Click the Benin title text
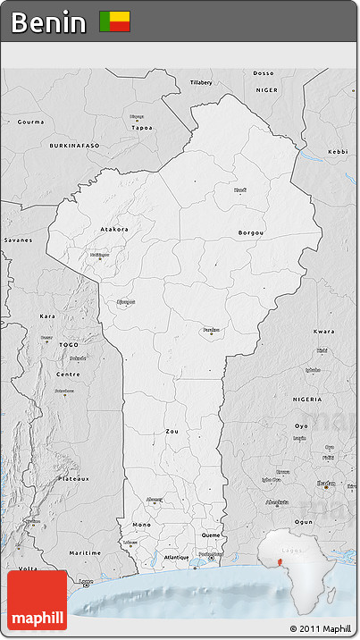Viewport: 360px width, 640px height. tap(49, 22)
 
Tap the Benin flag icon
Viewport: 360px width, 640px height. tap(114, 21)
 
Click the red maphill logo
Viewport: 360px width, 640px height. tap(37, 602)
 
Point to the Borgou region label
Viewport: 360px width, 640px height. tap(251, 232)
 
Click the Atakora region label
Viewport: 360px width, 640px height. tap(114, 229)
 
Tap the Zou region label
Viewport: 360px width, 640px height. tap(172, 431)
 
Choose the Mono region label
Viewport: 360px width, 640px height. tap(141, 524)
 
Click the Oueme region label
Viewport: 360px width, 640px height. tap(211, 535)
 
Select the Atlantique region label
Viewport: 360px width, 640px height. tap(176, 557)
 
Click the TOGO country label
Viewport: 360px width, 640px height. tap(69, 344)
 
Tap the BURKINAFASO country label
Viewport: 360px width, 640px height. tap(74, 144)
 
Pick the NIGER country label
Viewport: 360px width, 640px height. tap(267, 90)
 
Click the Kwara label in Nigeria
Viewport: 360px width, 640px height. tap(324, 331)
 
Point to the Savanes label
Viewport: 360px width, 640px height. tap(17, 240)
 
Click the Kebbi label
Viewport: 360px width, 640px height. tap(338, 152)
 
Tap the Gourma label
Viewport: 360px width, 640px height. tap(30, 121)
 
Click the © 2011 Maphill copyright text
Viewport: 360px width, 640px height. tap(321, 629)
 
